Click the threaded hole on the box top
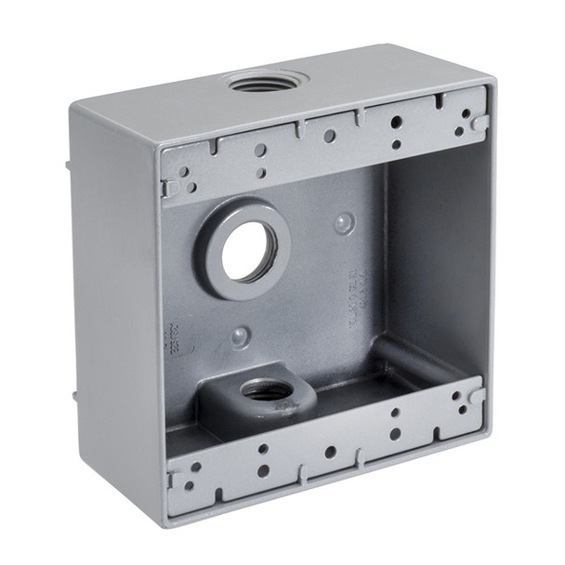[268, 84]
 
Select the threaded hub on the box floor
[268, 391]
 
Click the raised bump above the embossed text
[345, 222]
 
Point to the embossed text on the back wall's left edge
[174, 340]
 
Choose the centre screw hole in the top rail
[329, 136]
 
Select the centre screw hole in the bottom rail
[330, 452]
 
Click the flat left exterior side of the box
[116, 307]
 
